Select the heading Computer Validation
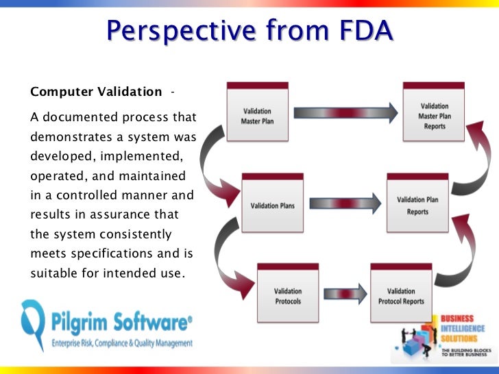click(97, 92)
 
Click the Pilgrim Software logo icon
click(33, 325)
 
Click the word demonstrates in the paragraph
click(68, 136)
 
